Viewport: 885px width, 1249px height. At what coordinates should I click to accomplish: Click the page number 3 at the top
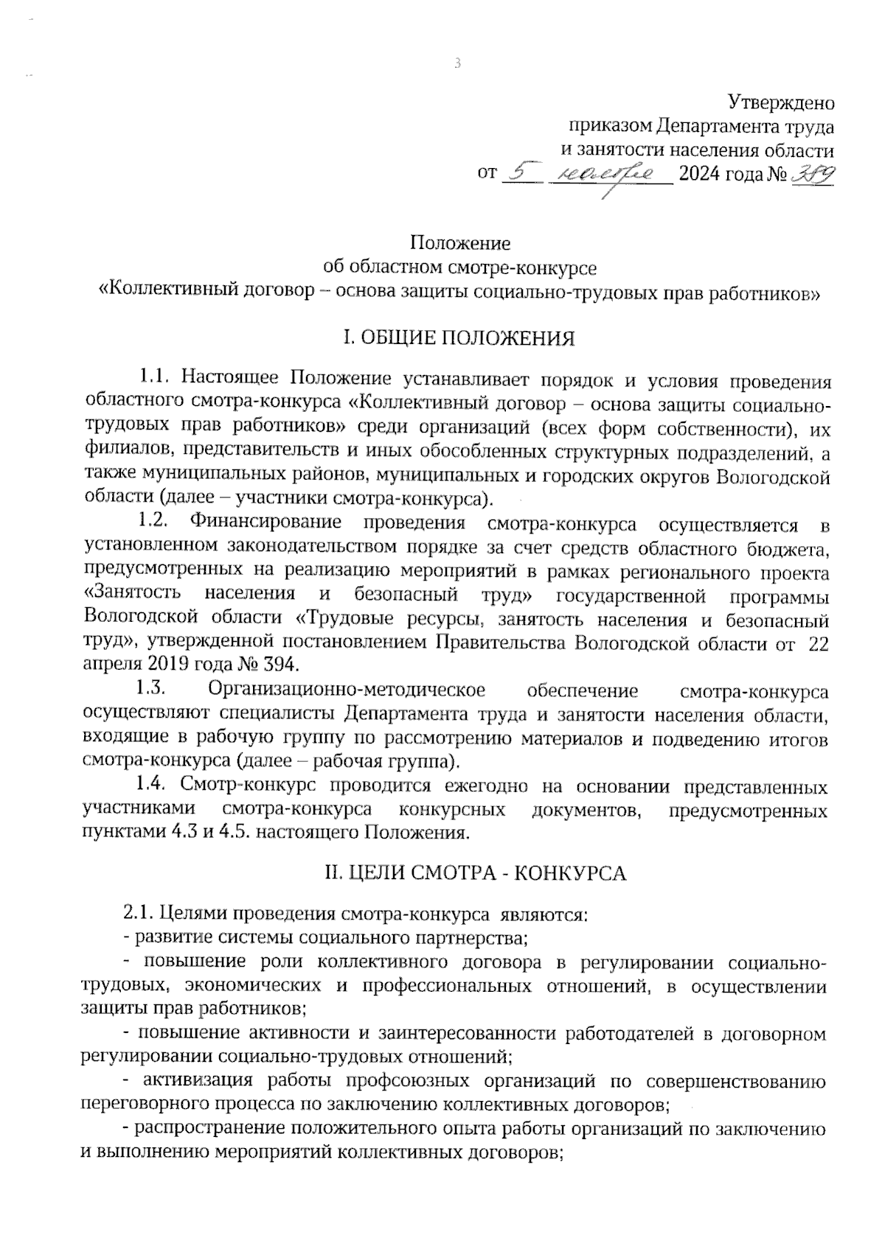click(457, 64)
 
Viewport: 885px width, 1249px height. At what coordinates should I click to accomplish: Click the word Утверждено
click(781, 102)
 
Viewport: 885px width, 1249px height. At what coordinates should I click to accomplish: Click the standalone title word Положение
click(460, 242)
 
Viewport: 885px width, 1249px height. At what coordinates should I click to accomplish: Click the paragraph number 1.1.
click(155, 381)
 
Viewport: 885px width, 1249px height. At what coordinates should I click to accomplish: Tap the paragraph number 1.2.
click(155, 523)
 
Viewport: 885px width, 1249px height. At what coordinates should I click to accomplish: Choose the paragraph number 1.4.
click(155, 786)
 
